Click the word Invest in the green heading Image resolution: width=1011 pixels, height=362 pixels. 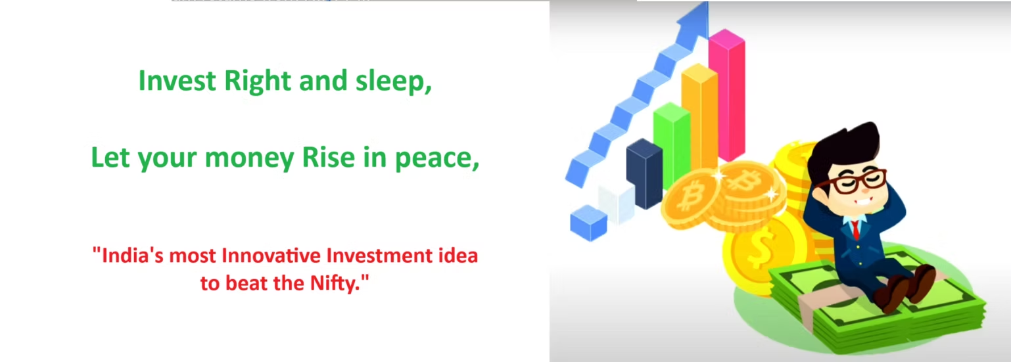(177, 81)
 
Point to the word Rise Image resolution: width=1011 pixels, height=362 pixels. (328, 157)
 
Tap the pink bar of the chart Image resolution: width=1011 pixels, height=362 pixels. (726, 95)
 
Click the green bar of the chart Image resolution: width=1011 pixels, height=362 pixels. (672, 145)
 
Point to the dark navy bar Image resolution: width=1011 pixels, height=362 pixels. (644, 174)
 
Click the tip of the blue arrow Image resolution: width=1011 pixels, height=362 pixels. (707, 3)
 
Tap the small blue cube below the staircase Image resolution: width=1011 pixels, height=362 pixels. (588, 223)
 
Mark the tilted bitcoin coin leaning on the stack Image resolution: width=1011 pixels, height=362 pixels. (691, 198)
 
